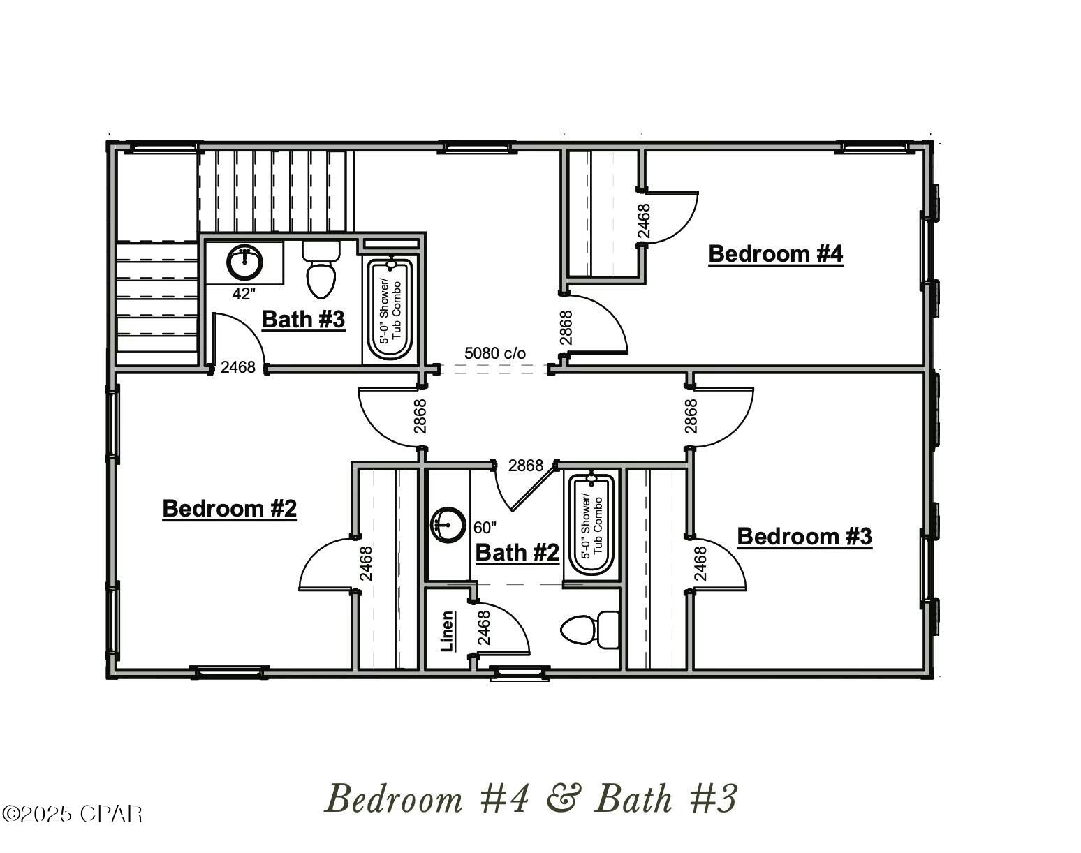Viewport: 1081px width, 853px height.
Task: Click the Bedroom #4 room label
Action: pos(775,253)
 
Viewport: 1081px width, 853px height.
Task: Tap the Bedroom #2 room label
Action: pos(229,508)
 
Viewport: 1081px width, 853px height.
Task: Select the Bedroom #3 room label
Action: pos(804,536)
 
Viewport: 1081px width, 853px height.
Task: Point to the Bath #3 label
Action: pos(303,320)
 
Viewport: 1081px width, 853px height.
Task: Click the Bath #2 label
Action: pos(517,553)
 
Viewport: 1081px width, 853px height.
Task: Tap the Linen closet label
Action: pos(448,632)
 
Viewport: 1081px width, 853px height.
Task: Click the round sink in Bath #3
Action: pos(245,262)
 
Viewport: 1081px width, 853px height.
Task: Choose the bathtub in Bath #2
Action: pos(591,525)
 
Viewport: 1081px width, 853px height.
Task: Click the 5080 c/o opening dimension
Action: pos(494,353)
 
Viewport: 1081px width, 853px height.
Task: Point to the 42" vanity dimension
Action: pos(244,295)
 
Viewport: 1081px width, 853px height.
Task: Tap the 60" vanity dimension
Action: pos(485,527)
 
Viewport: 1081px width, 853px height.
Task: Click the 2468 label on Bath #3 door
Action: pos(237,367)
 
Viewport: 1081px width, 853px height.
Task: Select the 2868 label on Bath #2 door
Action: pos(525,466)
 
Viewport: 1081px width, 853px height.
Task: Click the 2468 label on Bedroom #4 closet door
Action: pos(644,221)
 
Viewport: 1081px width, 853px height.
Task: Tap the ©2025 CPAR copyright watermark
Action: pos(73,814)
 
